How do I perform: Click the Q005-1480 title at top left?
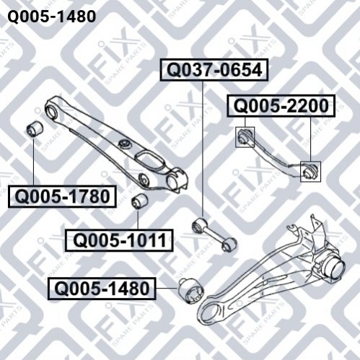pos(52,17)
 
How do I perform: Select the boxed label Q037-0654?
pos(214,70)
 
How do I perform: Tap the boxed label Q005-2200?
pos(281,106)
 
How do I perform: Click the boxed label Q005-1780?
pos(62,196)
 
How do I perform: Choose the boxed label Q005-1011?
pos(119,240)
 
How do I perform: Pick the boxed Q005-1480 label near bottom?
pos(102,289)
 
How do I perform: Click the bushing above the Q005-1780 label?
pos(35,129)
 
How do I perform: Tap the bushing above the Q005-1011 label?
pos(140,201)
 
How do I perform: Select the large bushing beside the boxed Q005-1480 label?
pos(191,291)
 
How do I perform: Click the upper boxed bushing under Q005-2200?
pos(245,137)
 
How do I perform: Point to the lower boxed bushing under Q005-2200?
pos(310,172)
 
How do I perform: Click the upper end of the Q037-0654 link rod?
pos(199,226)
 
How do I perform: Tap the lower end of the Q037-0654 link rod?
pos(229,244)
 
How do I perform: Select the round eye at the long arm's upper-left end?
pos(52,111)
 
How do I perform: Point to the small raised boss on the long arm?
pos(125,144)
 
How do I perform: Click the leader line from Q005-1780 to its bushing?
pos(33,161)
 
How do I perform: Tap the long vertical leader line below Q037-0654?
pos(203,149)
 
